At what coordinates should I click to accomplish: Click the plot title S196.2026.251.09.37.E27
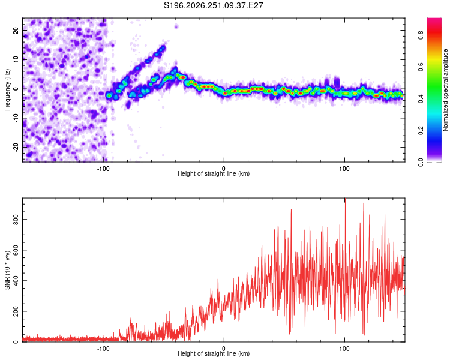[213, 5]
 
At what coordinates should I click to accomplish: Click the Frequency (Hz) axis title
[7, 90]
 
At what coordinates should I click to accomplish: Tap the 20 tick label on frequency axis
[16, 31]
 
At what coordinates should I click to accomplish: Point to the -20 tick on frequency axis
[16, 148]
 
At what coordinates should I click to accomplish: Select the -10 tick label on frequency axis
[16, 118]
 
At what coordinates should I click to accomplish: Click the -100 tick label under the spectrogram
[103, 169]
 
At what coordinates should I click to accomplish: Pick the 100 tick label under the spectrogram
[344, 169]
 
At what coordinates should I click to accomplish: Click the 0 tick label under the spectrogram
[224, 169]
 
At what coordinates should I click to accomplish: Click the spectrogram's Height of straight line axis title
[214, 173]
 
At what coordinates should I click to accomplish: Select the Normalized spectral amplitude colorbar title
[445, 90]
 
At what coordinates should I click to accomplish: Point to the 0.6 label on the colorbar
[421, 67]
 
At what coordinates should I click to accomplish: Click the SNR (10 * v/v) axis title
[7, 270]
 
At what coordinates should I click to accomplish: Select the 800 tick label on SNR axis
[16, 220]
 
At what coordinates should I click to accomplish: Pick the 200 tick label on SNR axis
[16, 311]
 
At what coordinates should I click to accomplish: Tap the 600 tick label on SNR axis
[16, 250]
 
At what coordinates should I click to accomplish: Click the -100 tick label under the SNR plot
[103, 349]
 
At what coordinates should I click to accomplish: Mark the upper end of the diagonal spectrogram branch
[164, 47]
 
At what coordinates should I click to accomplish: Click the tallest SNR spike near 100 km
[345, 199]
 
